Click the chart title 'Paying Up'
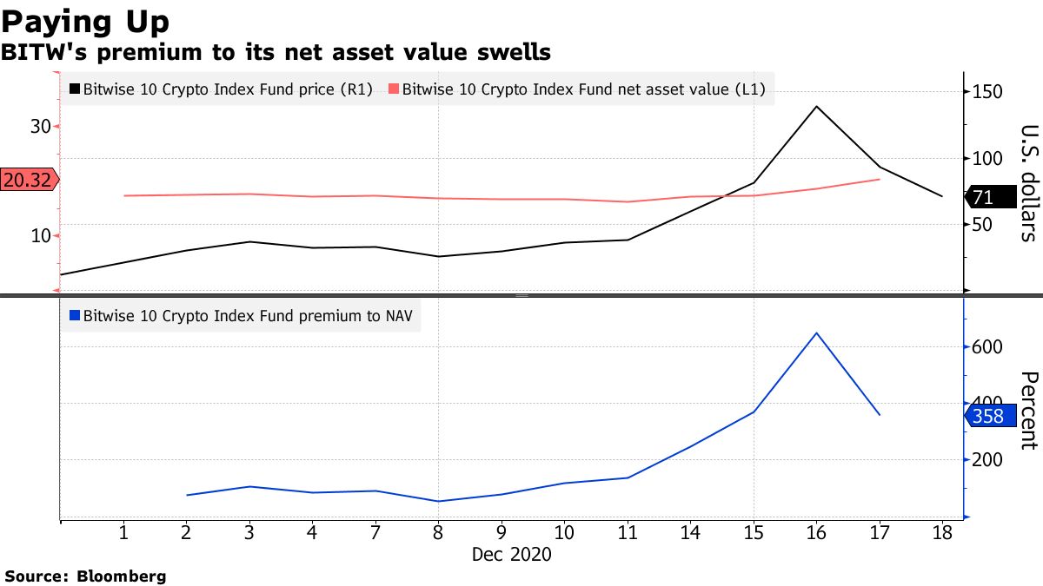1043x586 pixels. [85, 20]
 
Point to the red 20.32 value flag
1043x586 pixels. [29, 180]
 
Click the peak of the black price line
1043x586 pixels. [816, 106]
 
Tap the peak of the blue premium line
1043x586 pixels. [816, 333]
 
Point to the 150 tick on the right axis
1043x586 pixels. [988, 93]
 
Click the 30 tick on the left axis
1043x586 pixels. [41, 127]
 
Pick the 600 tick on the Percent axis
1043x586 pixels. [988, 346]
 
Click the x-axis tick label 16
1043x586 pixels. [816, 533]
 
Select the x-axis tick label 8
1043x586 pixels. [438, 533]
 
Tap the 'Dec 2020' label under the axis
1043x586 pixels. [511, 554]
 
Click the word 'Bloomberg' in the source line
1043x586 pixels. [123, 576]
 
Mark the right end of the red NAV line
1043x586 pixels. [880, 179]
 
